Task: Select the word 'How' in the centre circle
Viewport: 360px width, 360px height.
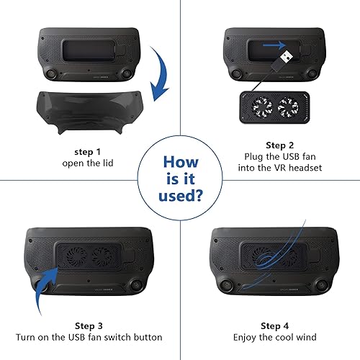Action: pyautogui.click(x=180, y=162)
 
